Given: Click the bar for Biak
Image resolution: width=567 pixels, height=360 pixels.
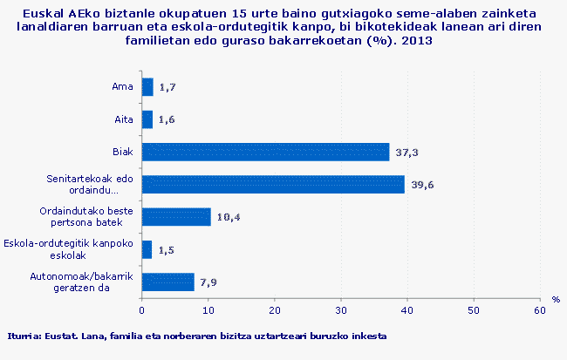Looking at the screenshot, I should click(x=265, y=152).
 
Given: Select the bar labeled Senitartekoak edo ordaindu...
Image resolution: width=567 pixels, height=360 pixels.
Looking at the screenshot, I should click(x=273, y=184).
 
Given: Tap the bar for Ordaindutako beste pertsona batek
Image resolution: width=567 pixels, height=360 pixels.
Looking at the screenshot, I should click(x=176, y=216).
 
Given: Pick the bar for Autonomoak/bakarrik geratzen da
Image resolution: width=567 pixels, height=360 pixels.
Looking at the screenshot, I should click(x=167, y=282).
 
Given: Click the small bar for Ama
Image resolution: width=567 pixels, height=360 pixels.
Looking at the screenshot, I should click(x=147, y=86).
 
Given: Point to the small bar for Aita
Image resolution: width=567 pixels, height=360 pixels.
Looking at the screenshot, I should click(x=147, y=119).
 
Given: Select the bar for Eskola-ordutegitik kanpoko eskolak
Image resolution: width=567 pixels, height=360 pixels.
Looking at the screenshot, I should click(x=147, y=249).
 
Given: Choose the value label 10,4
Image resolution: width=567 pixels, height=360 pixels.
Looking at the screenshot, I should click(x=229, y=217).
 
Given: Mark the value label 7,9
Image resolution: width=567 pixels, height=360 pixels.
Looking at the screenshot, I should click(x=209, y=282).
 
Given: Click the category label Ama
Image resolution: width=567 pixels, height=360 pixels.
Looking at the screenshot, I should click(x=122, y=86).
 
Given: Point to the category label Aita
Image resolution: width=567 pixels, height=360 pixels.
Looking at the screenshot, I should click(x=123, y=119).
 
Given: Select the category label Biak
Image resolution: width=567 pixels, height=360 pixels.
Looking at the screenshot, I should click(x=122, y=152).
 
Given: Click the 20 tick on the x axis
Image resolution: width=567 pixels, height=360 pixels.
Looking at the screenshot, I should click(x=275, y=309).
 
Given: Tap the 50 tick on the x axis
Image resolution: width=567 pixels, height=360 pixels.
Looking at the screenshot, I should click(x=474, y=309).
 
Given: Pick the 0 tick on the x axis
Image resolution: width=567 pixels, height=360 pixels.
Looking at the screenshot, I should click(x=142, y=309).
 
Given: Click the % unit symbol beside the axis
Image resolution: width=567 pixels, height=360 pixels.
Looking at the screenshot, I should click(x=555, y=299).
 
